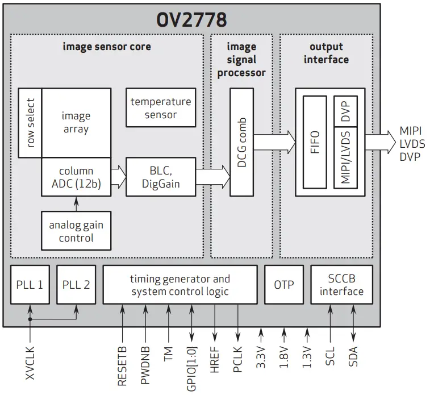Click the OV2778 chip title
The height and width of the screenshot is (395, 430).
coord(191,19)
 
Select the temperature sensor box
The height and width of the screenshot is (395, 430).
coord(161,108)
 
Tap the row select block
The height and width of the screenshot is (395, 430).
coord(30,123)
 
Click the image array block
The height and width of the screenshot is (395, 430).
coord(76,122)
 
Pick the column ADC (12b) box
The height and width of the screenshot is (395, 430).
coord(76,177)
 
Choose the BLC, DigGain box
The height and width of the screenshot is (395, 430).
coord(161,177)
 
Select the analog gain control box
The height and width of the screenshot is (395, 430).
coord(76,231)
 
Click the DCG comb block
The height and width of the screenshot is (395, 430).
coord(241,142)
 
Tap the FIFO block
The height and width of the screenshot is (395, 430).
coord(315,142)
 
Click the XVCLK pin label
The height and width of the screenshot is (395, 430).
coord(30,364)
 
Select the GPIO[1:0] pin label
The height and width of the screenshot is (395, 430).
coord(191,367)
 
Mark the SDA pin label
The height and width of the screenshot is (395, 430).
coord(353,355)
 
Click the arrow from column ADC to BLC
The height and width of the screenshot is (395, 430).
coord(118,177)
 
